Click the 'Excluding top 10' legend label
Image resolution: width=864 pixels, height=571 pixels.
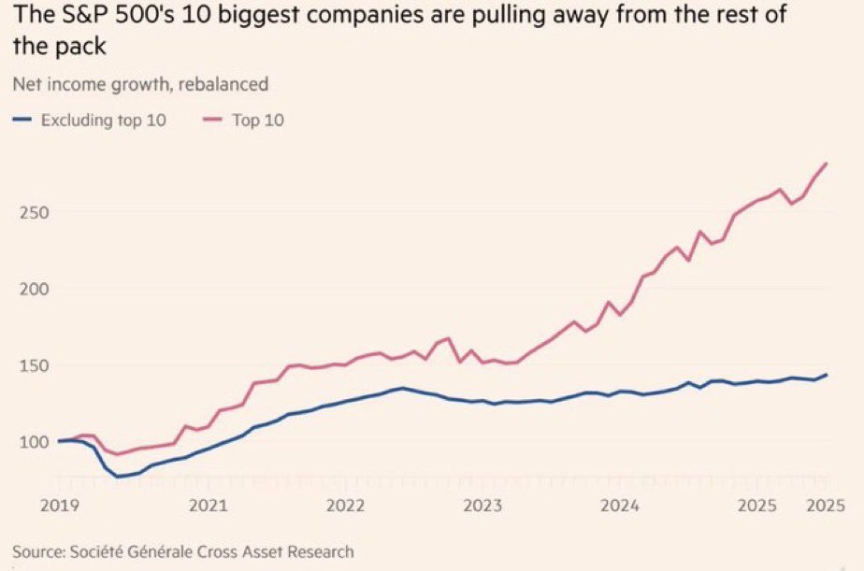(x=103, y=120)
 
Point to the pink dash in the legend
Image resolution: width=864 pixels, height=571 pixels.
(x=211, y=120)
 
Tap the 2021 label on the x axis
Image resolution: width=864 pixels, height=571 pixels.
(x=208, y=505)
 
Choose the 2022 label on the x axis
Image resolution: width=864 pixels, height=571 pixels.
(x=345, y=505)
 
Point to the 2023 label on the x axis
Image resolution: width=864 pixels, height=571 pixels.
(x=482, y=505)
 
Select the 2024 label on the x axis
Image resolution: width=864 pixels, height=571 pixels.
(x=620, y=505)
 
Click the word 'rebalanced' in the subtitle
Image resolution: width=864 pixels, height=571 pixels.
(x=222, y=84)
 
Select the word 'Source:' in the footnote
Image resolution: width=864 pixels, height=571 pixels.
(x=41, y=551)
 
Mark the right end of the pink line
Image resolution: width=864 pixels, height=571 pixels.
(x=827, y=164)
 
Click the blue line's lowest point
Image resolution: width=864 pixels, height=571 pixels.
(x=119, y=477)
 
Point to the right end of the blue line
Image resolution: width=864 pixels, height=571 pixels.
(x=827, y=375)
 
